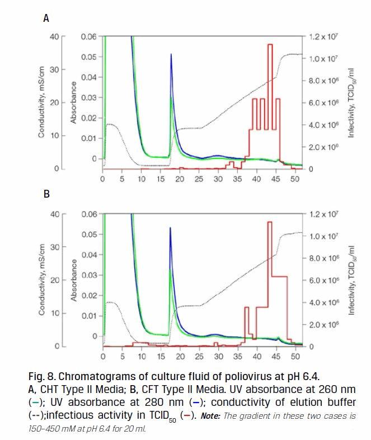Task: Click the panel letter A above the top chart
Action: [x=46, y=18]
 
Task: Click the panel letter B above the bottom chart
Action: [x=47, y=194]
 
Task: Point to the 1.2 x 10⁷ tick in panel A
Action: [x=324, y=36]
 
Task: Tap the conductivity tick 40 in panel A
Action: [x=54, y=37]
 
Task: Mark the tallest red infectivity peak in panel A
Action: [x=270, y=45]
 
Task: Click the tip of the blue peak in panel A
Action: [x=171, y=54]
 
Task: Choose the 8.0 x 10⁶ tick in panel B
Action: [x=324, y=258]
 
